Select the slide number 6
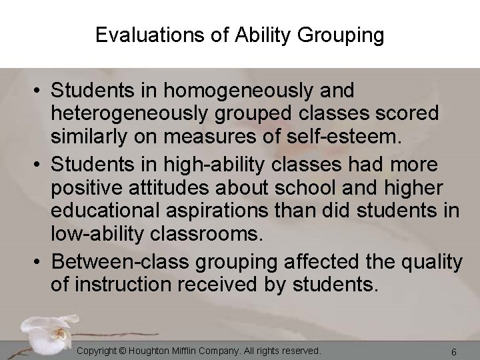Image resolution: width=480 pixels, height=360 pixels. [x=453, y=351]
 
